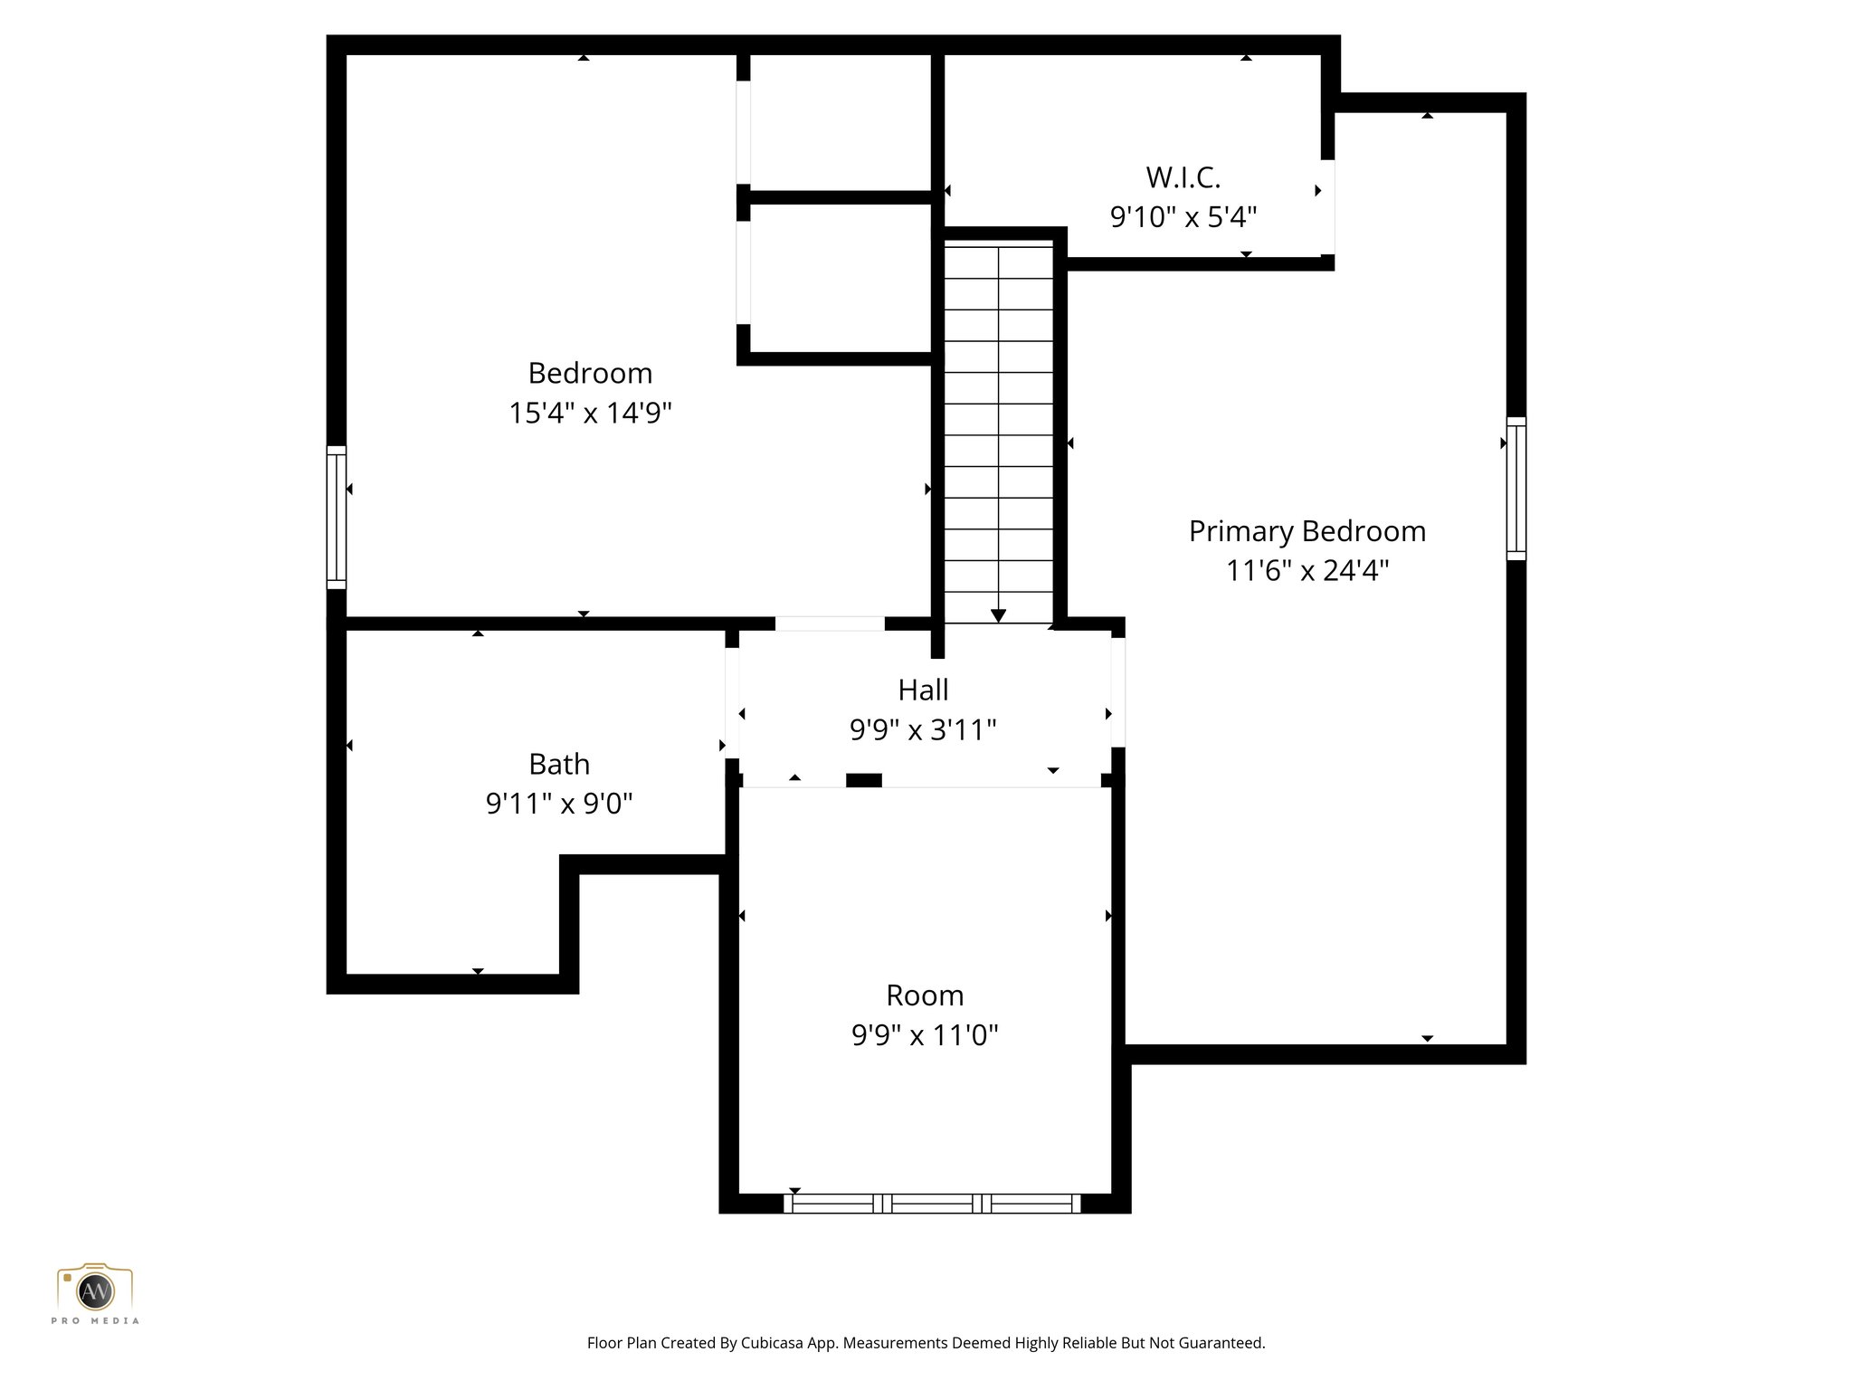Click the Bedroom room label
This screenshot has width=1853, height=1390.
click(590, 373)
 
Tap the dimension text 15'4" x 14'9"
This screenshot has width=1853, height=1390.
click(590, 414)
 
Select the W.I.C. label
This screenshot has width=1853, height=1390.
click(1183, 177)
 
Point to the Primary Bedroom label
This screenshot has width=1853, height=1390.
click(1307, 531)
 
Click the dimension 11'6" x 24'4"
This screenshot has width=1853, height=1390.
click(1307, 571)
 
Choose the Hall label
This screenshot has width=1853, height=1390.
click(923, 690)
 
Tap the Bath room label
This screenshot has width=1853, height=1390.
click(559, 765)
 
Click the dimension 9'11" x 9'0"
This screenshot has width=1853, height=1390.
click(559, 804)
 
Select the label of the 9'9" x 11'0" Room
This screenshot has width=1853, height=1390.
click(924, 995)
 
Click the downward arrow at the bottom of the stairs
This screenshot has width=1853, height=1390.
click(998, 615)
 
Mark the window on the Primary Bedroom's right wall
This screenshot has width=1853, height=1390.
click(1516, 489)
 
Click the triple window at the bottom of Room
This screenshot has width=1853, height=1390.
click(932, 1204)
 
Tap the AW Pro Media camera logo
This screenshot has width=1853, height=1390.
click(95, 1290)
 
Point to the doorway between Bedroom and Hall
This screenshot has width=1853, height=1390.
click(830, 624)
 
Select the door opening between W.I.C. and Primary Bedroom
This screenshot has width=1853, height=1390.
click(1327, 207)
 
